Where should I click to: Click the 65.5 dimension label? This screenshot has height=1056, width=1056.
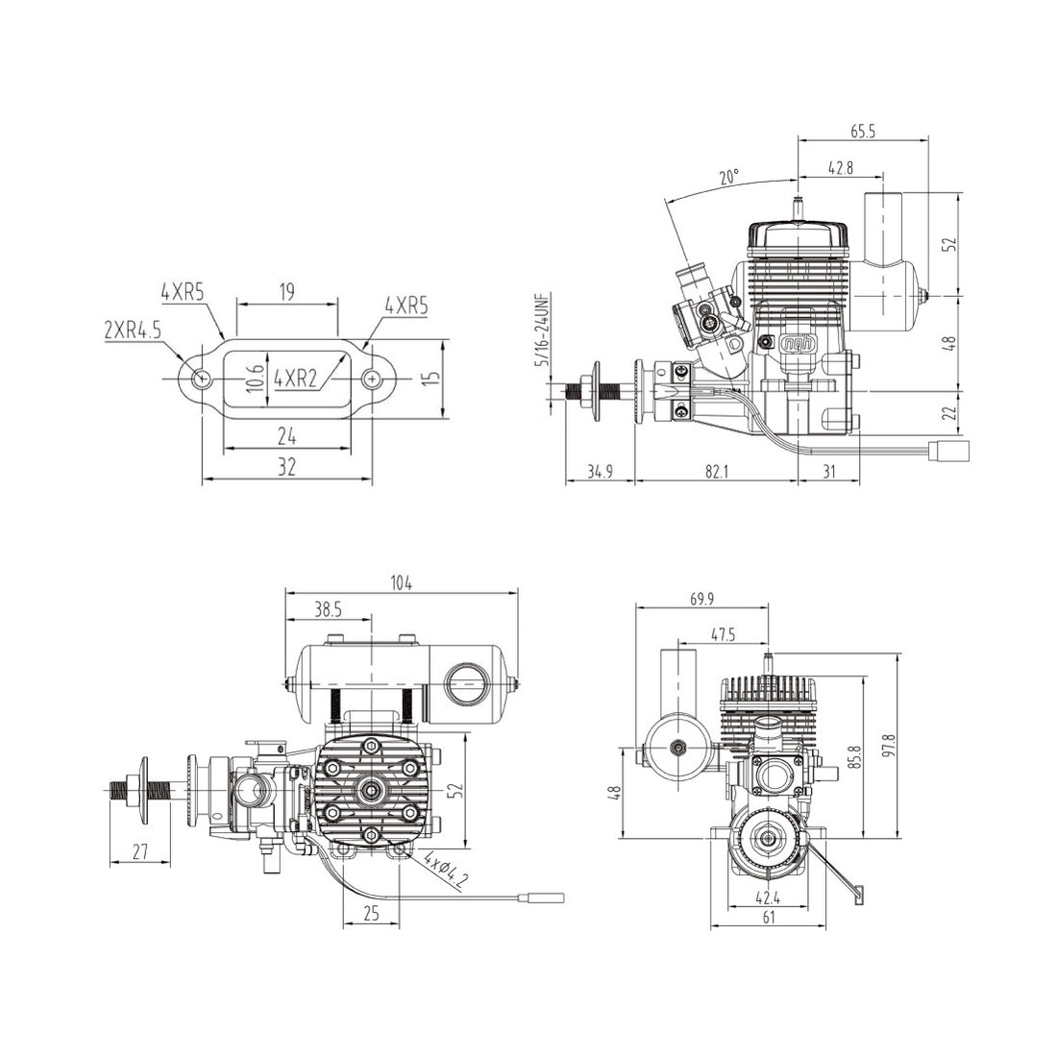pos(863,133)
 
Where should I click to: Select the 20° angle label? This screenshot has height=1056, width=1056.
pos(729,178)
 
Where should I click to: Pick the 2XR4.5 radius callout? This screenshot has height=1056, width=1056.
pos(133,330)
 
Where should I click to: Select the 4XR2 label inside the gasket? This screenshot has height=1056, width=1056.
pos(296,378)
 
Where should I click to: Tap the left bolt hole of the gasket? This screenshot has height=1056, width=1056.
pos(201,379)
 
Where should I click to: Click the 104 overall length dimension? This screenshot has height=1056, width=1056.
pos(401,582)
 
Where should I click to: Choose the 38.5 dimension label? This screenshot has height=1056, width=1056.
pos(328,609)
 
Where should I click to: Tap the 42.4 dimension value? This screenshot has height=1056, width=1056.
pos(767,899)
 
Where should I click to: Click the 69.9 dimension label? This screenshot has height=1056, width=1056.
pos(702,599)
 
